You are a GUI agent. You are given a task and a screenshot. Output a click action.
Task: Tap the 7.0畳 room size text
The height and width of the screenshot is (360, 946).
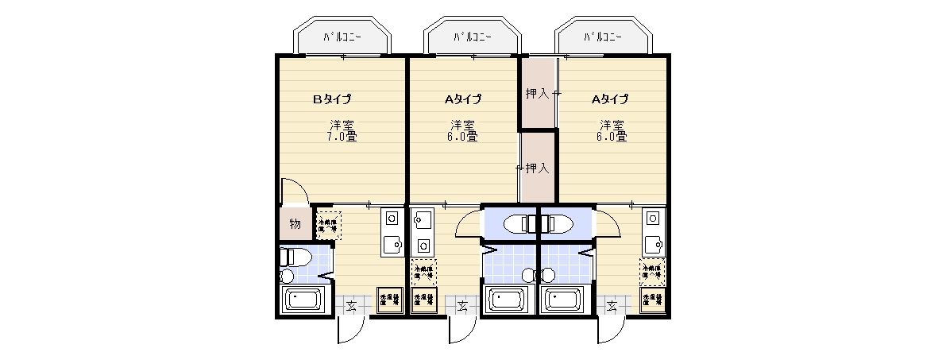tap(342, 137)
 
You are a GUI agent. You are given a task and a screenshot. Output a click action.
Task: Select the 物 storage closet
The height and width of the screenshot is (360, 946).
tap(295, 224)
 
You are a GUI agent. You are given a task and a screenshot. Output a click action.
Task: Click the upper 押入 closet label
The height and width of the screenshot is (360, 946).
tap(537, 94)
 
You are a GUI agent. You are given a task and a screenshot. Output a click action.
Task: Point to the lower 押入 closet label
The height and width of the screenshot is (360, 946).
tap(538, 168)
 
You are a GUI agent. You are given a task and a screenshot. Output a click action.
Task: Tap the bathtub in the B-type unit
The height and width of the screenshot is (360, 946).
tap(302, 301)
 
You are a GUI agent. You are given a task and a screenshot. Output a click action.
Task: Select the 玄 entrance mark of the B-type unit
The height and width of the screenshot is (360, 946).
tap(352, 305)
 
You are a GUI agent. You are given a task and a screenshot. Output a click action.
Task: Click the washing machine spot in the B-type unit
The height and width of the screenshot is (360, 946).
tap(389, 299)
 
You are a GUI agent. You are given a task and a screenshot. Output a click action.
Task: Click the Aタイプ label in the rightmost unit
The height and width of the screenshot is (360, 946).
tap(609, 99)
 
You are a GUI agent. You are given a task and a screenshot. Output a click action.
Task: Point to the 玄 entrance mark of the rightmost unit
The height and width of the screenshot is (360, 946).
tap(612, 305)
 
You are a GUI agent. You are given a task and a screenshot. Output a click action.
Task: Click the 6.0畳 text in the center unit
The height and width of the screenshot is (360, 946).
tap(463, 137)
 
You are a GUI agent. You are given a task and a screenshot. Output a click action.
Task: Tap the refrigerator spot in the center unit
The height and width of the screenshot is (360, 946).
tap(423, 272)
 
